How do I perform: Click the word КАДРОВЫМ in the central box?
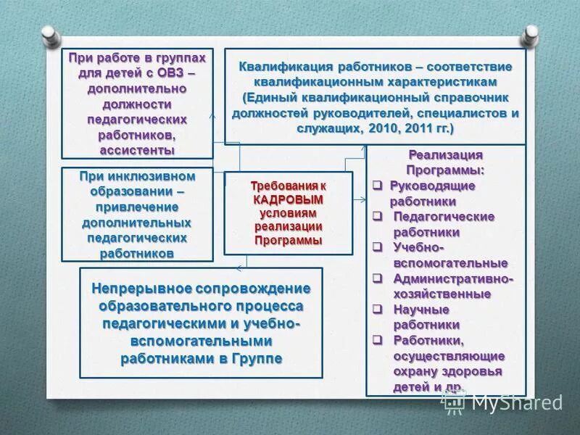288,199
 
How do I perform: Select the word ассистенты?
137,150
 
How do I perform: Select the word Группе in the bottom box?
258,359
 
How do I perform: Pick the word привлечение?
137,209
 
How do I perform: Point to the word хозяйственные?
442,294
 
